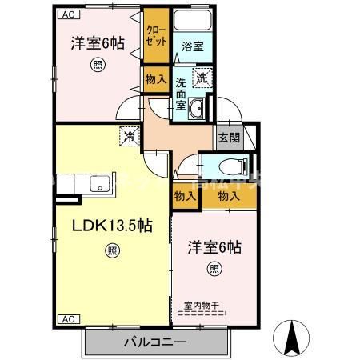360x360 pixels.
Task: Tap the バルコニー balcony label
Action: pos(154,342)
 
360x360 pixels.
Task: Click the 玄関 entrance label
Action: pos(228,137)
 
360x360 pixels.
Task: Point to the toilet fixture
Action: pos(232,168)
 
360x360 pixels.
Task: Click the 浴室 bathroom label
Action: pos(191,46)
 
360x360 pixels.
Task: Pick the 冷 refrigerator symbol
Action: pos(128,137)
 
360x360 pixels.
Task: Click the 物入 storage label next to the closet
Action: pos(154,79)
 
